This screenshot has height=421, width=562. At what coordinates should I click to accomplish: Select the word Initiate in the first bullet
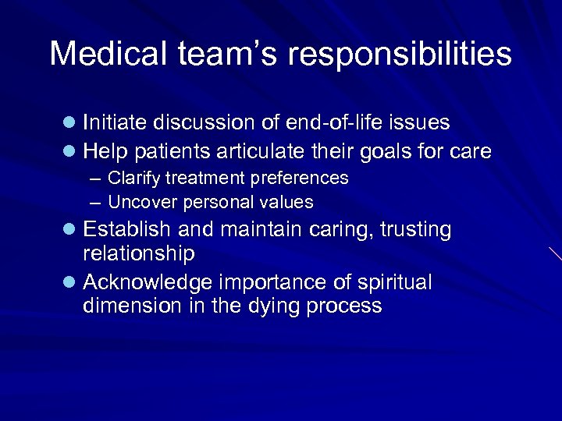[115, 122]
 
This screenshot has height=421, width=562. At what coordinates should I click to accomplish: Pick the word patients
[173, 151]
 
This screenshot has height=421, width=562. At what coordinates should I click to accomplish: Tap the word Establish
[127, 230]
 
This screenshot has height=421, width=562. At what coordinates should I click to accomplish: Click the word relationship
[138, 254]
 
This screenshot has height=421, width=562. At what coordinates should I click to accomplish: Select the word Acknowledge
[146, 282]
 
